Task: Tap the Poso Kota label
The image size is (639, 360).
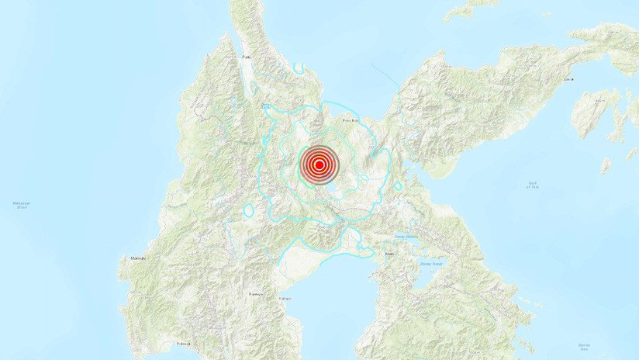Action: [x=351, y=120]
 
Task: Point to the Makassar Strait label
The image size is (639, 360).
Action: [x=21, y=205]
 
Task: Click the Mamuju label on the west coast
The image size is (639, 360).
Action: [x=138, y=258]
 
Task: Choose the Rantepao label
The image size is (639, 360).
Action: [x=254, y=294]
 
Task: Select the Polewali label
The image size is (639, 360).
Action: [x=184, y=343]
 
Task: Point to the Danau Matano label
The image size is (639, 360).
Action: [x=406, y=236]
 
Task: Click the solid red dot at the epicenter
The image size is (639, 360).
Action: [x=319, y=164]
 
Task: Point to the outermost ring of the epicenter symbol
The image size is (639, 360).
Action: [x=319, y=146]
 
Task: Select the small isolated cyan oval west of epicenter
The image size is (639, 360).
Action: [x=249, y=210]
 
